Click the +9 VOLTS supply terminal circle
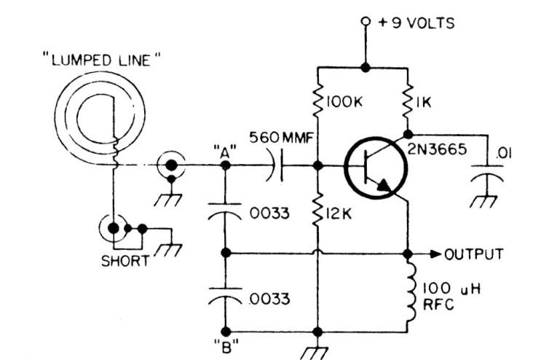tap(366, 22)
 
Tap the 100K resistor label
tap(344, 102)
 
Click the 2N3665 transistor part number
tap(437, 149)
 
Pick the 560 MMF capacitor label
tap(281, 138)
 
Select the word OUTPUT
tap(474, 254)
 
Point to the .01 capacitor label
tap(503, 153)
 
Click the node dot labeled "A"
tap(226, 165)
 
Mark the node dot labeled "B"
tap(226, 332)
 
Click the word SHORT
tap(125, 261)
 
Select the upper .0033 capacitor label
tap(269, 213)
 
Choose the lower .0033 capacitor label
tap(269, 299)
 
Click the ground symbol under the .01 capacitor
tap(484, 201)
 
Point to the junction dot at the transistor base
tap(317, 165)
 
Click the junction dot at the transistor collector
tap(408, 134)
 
